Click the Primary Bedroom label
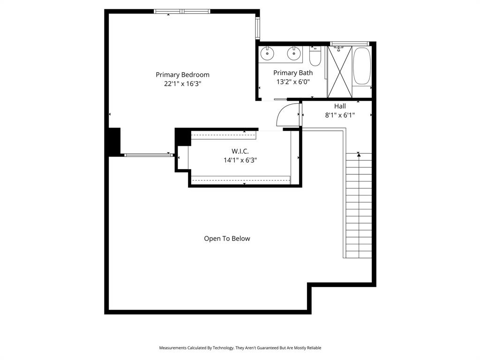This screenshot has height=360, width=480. click(182, 75)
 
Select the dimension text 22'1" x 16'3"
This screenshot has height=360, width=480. click(182, 84)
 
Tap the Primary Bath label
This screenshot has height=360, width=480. click(293, 73)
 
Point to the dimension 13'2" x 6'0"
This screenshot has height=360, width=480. click(293, 82)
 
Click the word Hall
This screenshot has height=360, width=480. click(340, 106)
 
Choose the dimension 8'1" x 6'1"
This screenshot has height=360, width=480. click(340, 115)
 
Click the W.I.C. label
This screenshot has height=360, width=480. click(240, 151)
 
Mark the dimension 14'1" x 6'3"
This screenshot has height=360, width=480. click(240, 160)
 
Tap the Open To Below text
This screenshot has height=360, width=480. click(227, 239)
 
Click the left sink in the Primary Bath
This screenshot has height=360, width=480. click(267, 54)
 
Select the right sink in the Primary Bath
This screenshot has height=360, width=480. click(294, 54)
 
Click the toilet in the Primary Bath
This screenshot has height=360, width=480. click(315, 57)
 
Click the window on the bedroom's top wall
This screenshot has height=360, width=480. click(182, 11)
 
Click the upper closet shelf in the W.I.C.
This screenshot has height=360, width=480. click(224, 135)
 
